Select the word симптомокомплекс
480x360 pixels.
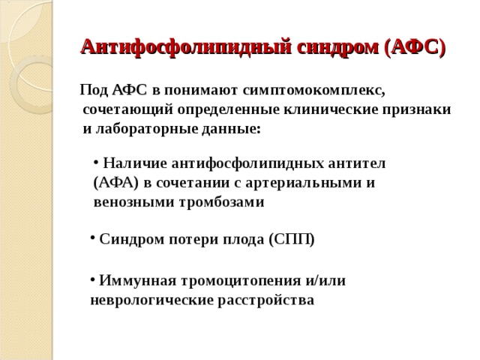[x=314, y=91]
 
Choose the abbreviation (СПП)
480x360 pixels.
[x=291, y=240]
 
